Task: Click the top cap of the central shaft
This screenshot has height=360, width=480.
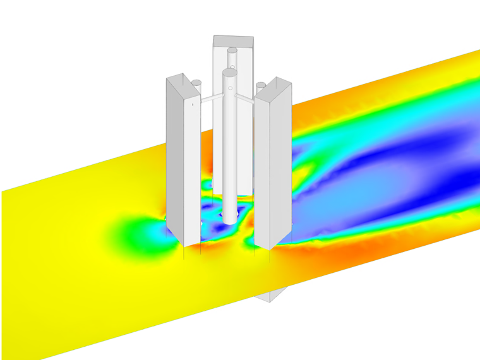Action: pyautogui.click(x=229, y=72)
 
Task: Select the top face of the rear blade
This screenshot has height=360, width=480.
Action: pyautogui.click(x=234, y=40)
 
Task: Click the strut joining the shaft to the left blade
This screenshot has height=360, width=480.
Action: pyautogui.click(x=210, y=99)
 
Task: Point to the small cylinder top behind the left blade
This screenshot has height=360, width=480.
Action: pyautogui.click(x=196, y=82)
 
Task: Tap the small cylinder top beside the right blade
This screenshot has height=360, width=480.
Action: pyautogui.click(x=260, y=85)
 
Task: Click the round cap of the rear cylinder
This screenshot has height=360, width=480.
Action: pyautogui.click(x=232, y=49)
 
